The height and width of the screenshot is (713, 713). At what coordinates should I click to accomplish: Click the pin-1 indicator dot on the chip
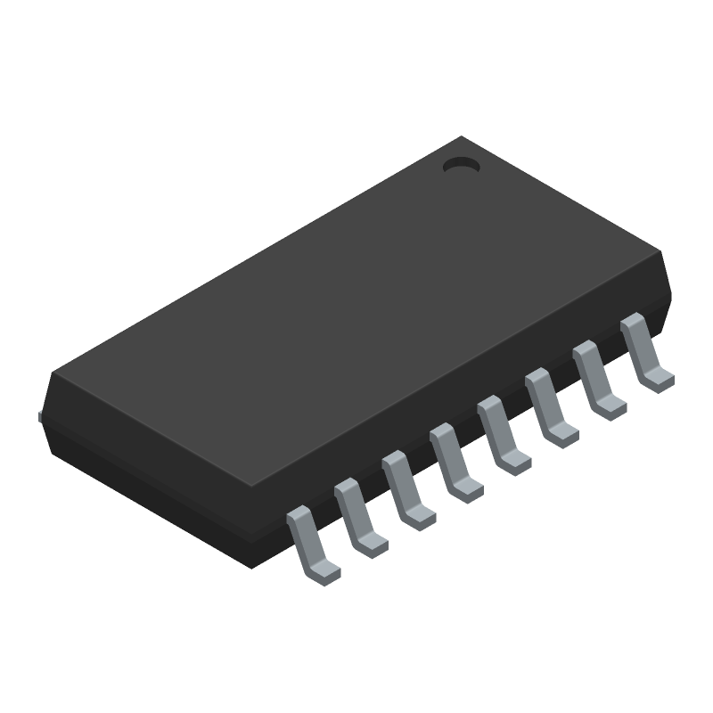click(x=462, y=165)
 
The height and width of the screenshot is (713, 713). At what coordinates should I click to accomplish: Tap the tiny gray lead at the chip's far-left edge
click(x=41, y=414)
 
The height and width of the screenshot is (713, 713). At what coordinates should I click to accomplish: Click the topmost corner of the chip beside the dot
click(x=461, y=137)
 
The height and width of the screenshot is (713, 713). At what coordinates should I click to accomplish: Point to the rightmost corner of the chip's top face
click(x=664, y=254)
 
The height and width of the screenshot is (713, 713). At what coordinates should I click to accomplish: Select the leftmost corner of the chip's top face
click(x=52, y=374)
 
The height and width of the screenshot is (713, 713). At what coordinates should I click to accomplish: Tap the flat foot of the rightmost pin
click(x=659, y=381)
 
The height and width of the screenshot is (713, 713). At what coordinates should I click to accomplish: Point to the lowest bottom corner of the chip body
click(x=253, y=567)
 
